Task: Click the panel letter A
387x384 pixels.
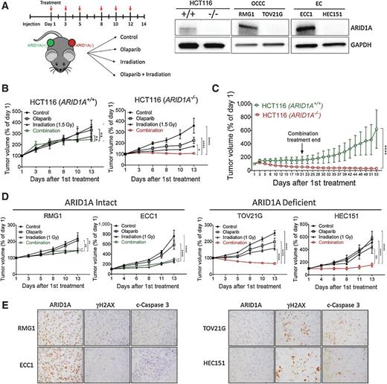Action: pos(5,6)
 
